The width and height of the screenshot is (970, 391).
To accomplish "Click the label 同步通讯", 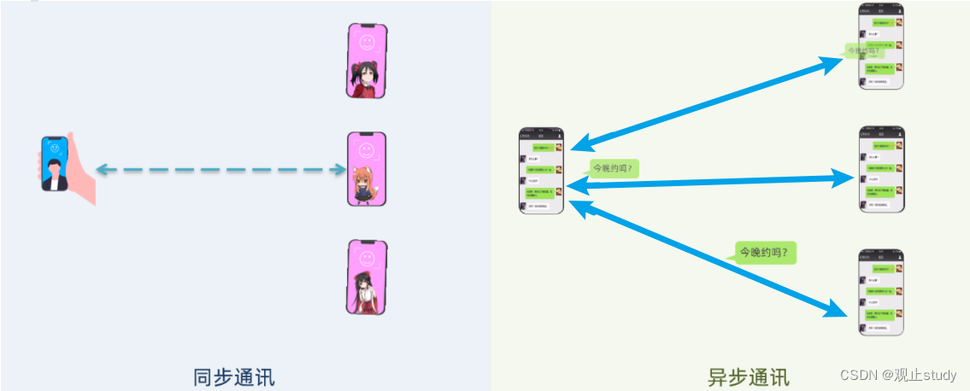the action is (233, 377).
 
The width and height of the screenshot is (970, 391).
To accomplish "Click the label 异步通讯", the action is (748, 377).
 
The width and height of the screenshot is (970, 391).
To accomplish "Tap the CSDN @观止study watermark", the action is (897, 376).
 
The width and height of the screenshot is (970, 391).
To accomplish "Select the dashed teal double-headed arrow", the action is (220, 170).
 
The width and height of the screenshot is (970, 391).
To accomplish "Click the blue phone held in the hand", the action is (55, 164).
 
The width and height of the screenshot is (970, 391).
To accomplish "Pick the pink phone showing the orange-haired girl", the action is (367, 169).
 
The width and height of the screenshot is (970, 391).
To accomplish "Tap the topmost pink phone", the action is (367, 61).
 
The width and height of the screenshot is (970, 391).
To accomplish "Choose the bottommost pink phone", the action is (367, 277).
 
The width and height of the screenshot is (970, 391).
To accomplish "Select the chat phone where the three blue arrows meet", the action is (541, 171).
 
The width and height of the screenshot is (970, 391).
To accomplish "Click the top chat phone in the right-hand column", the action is (881, 46).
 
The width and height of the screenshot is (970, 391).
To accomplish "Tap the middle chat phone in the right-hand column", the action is (881, 169).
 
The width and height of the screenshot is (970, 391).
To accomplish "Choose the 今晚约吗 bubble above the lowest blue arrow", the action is (766, 253).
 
